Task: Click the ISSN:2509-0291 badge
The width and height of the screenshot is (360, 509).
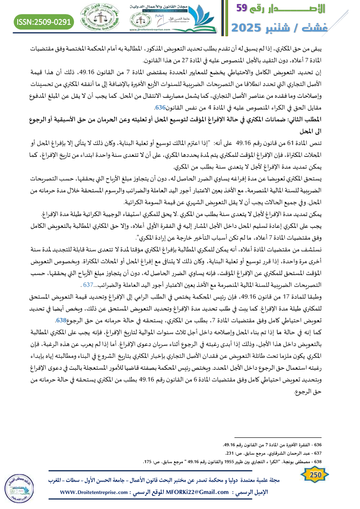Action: click(x=44, y=22)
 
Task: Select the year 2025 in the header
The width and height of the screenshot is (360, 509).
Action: click(x=251, y=27)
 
